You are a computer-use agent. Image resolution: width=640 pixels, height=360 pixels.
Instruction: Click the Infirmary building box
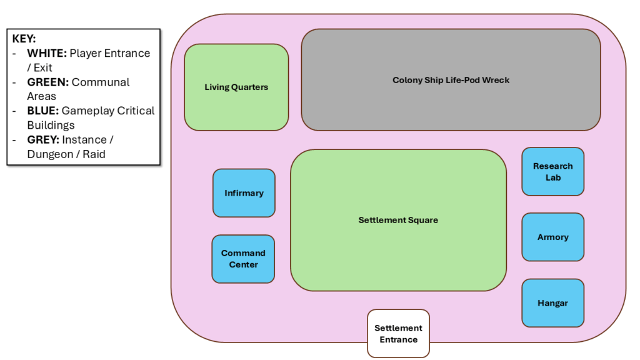pos(244,193)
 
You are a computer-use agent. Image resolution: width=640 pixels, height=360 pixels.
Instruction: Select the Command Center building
pos(243,259)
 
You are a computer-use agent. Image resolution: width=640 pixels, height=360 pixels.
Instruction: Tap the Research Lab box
pos(552,171)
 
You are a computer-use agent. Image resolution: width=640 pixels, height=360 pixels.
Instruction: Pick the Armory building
pos(552,237)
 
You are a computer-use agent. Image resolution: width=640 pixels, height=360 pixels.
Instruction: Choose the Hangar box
pos(552,303)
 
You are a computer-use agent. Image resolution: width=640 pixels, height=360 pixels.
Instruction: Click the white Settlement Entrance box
pos(398,333)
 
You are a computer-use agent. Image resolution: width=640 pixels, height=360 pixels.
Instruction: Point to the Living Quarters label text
pos(236,87)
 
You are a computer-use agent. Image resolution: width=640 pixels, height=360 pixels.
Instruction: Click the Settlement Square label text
pos(398,220)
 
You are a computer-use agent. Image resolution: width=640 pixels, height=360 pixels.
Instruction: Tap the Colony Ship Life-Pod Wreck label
pos(451,80)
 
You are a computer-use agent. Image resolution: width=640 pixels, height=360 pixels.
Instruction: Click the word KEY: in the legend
pos(24,39)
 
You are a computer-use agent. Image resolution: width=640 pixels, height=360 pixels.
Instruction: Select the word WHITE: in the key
pos(47,53)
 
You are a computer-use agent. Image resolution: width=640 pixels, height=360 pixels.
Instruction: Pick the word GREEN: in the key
pos(47,82)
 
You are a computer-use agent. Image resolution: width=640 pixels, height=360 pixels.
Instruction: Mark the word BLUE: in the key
pos(42,111)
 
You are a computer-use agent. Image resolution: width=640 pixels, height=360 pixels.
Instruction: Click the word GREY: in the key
pos(43,139)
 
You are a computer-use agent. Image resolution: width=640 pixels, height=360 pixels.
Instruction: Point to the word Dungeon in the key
pos(49,154)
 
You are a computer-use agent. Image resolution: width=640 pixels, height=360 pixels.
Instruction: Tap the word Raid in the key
pos(94,154)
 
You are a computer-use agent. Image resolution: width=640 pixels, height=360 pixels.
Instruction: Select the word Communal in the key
pos(101,82)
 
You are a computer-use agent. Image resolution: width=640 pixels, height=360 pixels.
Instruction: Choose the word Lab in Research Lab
pos(552,177)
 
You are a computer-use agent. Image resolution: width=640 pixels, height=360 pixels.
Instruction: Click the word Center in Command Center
pos(243,264)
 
